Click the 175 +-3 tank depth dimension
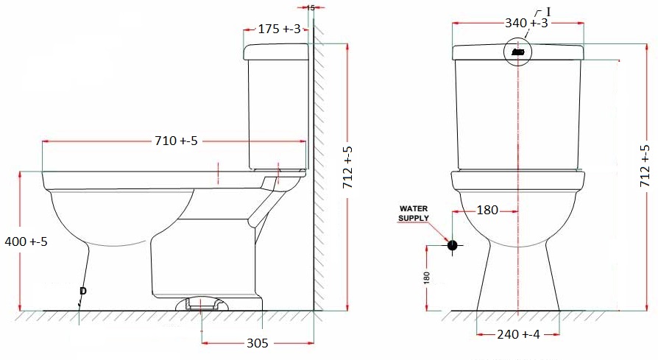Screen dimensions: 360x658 (x=279, y=29)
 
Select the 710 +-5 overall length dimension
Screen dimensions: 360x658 (x=176, y=141)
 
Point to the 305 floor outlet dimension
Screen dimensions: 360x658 (x=257, y=343)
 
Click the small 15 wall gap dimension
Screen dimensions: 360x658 (x=310, y=7)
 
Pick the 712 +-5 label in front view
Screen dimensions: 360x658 (x=645, y=164)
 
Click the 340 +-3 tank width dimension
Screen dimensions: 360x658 (x=526, y=24)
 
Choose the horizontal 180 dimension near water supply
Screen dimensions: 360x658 (x=487, y=211)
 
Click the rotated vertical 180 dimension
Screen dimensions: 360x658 (x=427, y=278)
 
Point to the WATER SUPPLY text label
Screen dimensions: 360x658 (x=414, y=213)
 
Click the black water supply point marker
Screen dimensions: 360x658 (x=452, y=245)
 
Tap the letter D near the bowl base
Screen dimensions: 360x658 (x=82, y=292)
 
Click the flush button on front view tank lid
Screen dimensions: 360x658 (x=518, y=52)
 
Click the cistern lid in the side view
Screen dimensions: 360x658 (x=275, y=51)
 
